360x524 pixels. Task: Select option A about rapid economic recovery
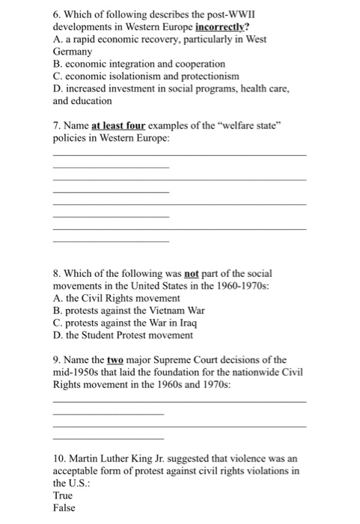(150, 41)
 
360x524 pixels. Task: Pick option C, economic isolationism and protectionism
(135, 76)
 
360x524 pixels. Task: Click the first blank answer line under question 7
(180, 154)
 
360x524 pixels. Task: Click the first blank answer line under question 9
(180, 402)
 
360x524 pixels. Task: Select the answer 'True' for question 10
(64, 496)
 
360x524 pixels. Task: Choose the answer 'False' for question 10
(65, 508)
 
